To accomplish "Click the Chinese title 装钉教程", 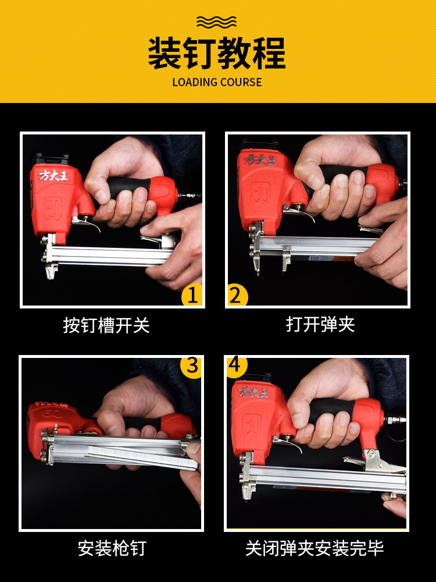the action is click(x=217, y=53).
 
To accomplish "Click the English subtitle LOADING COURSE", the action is click(x=217, y=82).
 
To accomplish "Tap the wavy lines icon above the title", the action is click(x=216, y=22).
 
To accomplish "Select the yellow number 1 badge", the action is click(x=192, y=295).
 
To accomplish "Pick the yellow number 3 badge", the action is click(x=191, y=367).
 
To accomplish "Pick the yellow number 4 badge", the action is click(x=236, y=367).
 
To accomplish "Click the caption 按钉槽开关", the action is click(x=106, y=325).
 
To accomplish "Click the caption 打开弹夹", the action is click(x=320, y=324).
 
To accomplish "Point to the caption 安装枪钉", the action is click(x=112, y=548).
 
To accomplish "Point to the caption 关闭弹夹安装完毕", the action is click(x=315, y=548).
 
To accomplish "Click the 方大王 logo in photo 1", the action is click(x=53, y=175).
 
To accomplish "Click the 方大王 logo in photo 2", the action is click(x=260, y=160).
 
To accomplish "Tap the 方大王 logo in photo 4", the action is click(x=253, y=392).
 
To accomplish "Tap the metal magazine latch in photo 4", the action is click(x=374, y=461).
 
